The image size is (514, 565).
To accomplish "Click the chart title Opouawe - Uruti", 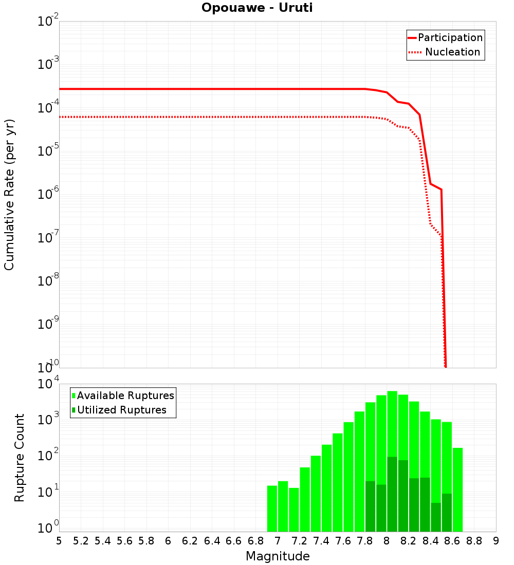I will [x=257, y=8].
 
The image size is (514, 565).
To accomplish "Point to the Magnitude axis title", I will [x=278, y=556].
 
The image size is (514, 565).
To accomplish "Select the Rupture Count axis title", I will [x=20, y=458].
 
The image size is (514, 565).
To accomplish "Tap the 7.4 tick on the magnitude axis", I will [x=321, y=541].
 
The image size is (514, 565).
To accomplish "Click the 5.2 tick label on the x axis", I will [x=81, y=541].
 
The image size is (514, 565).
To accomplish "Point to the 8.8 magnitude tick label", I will [x=474, y=541].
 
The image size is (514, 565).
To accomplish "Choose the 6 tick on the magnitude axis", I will [x=168, y=541].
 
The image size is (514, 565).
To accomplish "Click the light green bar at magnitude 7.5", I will [x=327, y=488].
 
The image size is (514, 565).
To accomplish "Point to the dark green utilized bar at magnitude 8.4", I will [x=436, y=517].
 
